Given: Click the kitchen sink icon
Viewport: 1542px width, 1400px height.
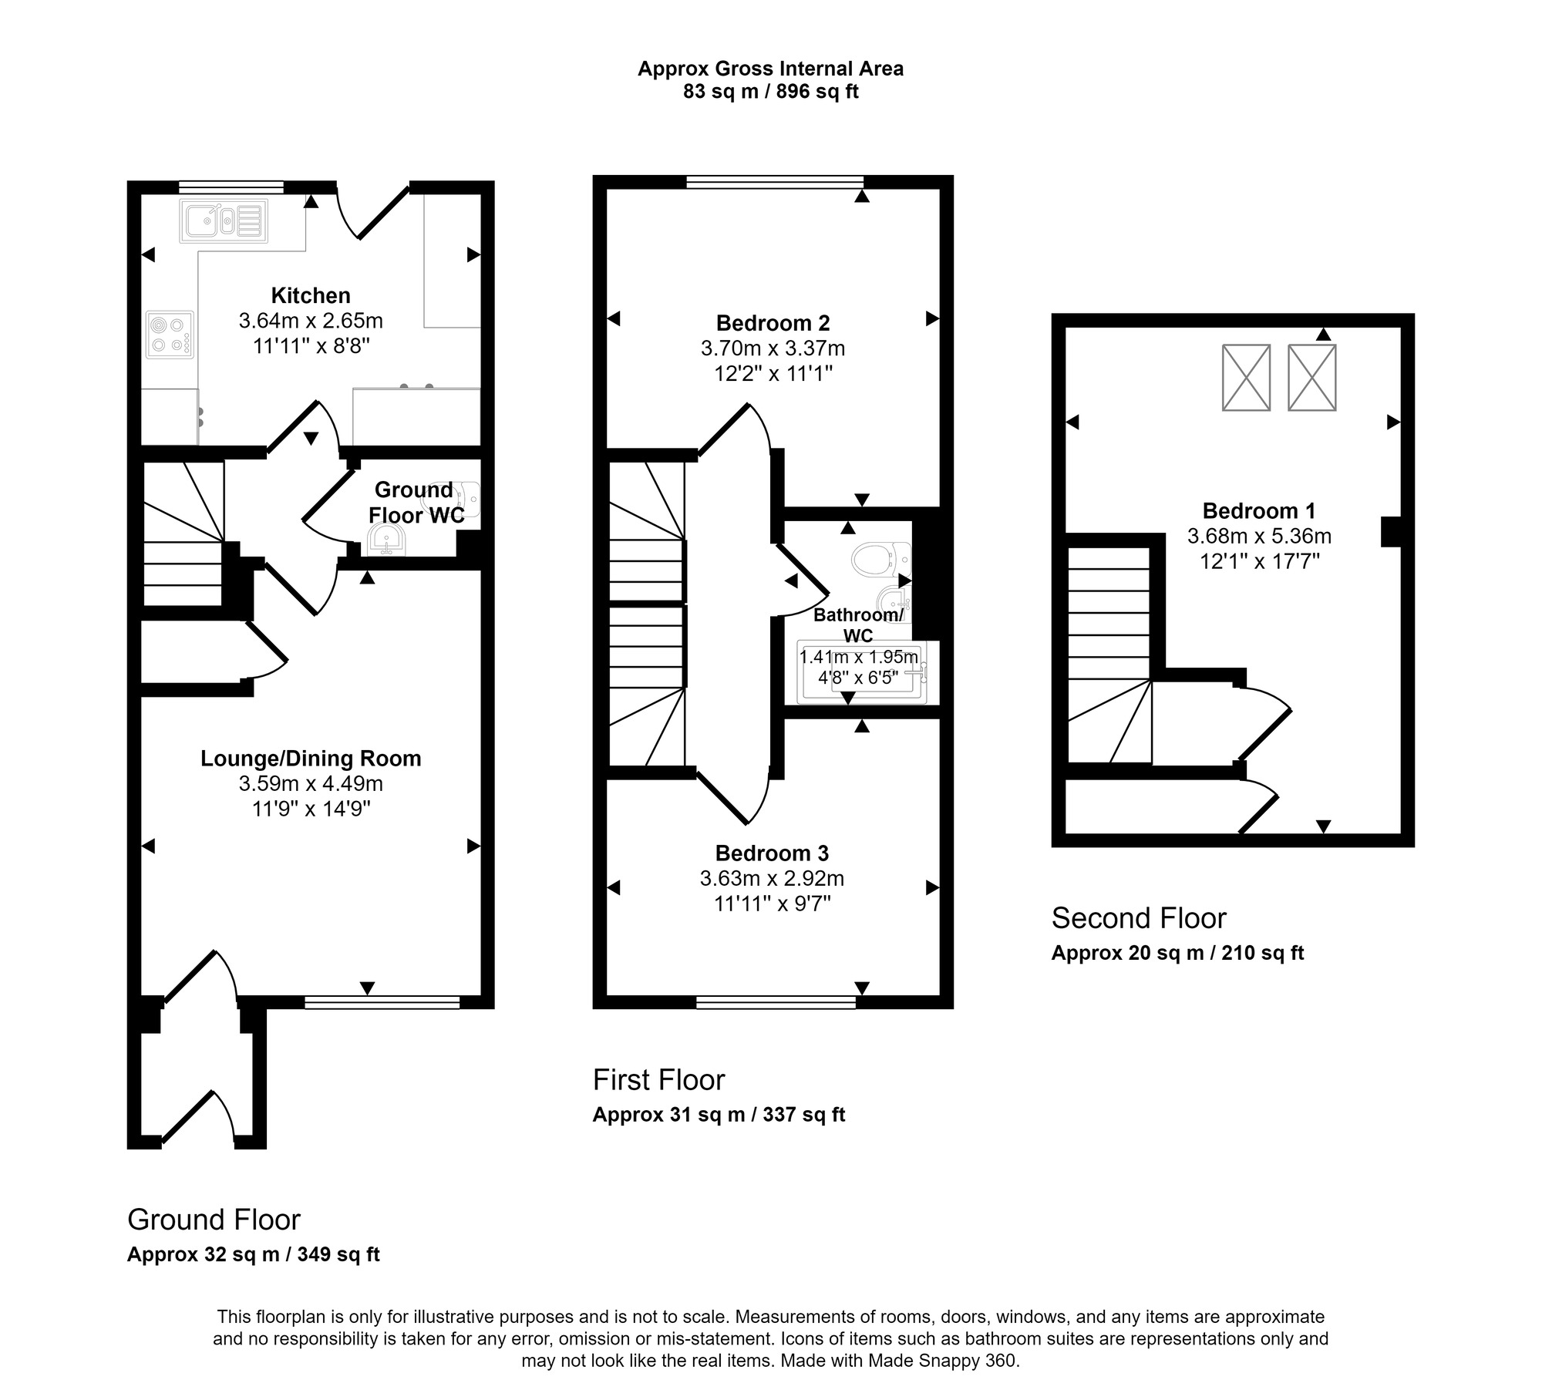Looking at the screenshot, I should tap(224, 221).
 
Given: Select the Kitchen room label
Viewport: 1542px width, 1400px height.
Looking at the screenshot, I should tap(311, 295).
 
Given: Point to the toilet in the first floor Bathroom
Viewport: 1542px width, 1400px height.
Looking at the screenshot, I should tap(879, 558).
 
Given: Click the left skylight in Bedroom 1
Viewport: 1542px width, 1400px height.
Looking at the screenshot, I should tap(1246, 378).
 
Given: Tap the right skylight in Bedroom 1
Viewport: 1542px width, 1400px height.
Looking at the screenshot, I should tap(1311, 378).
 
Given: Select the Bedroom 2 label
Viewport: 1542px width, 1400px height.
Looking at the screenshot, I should tap(773, 323).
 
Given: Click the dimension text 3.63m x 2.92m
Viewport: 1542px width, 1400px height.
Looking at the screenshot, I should tap(772, 878).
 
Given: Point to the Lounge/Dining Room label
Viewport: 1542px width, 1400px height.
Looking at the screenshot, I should tap(311, 759).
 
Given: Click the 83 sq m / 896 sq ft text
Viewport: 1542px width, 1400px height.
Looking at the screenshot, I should tap(770, 93).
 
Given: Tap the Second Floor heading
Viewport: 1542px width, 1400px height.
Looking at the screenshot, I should tap(1138, 918).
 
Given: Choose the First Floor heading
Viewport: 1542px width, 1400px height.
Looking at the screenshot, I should tap(658, 1080).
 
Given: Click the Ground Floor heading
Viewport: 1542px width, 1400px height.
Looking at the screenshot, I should tap(214, 1220).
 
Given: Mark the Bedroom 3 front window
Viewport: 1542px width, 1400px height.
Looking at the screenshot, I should tap(776, 1002).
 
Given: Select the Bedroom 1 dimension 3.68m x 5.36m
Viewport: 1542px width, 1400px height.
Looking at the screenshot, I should tap(1259, 536).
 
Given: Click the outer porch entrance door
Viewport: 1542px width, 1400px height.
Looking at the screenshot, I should tap(197, 1117).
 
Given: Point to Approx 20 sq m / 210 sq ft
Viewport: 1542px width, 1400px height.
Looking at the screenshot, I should tap(1177, 953).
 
